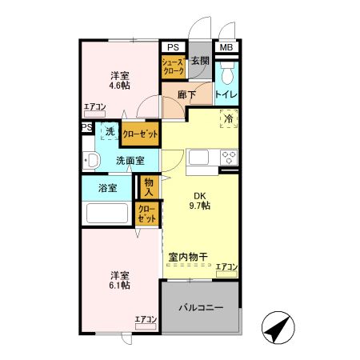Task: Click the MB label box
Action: [x=226, y=48]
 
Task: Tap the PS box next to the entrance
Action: [x=172, y=48]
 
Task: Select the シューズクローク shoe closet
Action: [x=174, y=66]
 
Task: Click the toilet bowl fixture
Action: [x=226, y=75]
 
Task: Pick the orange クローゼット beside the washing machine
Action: [x=140, y=133]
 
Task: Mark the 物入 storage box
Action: [x=148, y=186]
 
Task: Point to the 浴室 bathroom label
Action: [x=106, y=189]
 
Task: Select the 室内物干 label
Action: [x=189, y=257]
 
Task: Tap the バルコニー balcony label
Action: [x=200, y=307]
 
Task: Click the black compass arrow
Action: [x=276, y=327]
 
